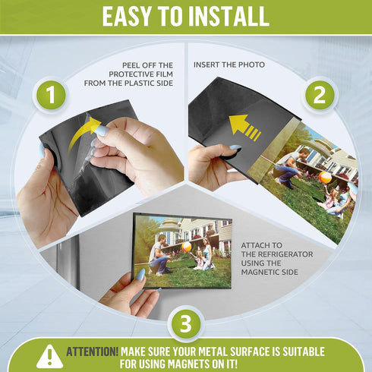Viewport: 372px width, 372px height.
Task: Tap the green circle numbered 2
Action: click(320, 95)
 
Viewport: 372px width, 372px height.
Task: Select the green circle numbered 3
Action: click(186, 324)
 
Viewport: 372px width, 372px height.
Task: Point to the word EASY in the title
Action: click(127, 17)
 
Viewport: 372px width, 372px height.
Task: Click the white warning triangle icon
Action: click(50, 356)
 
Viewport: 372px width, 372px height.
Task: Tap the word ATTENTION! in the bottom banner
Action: click(92, 352)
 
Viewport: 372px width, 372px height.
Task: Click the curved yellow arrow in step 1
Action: click(83, 134)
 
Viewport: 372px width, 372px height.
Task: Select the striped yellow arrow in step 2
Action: click(244, 128)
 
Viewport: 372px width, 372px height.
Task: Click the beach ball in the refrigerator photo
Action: click(187, 247)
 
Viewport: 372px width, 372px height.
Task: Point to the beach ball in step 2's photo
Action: click(325, 178)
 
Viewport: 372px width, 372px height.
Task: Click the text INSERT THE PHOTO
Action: click(229, 65)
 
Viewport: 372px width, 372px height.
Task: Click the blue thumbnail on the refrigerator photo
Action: click(140, 275)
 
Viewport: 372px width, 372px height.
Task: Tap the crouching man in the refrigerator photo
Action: click(158, 256)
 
